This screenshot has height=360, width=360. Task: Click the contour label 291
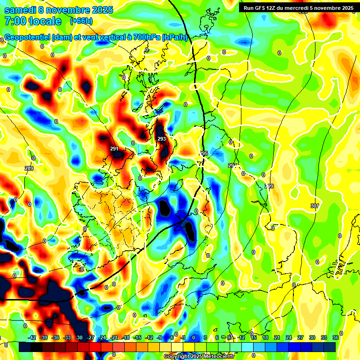114,149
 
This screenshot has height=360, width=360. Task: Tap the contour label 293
162,139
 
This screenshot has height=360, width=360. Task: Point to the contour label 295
203,153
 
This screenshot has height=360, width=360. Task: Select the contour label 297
232,165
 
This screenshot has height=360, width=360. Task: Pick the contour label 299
269,187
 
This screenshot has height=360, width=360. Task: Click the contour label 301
315,206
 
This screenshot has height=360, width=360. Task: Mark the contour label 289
29,168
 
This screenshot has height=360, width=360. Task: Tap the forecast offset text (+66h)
81,21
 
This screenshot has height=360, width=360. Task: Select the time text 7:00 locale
33,21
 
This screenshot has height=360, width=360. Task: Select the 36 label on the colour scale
335,337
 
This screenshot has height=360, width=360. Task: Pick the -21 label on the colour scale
114,337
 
